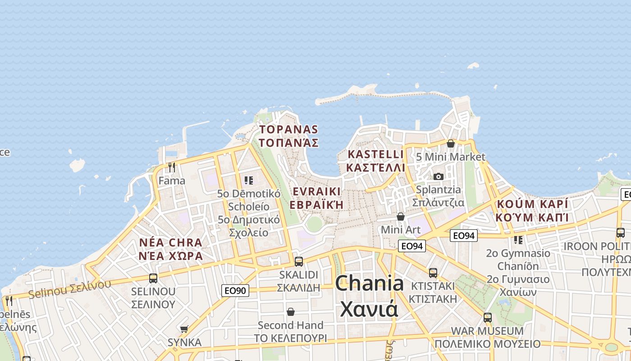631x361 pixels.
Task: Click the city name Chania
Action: [x=369, y=283]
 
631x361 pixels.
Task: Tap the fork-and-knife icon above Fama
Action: [x=172, y=167]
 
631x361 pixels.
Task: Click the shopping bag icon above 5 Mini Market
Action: [x=450, y=143]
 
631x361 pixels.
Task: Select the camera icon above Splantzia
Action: [x=438, y=176]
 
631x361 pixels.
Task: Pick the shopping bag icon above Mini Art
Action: [x=400, y=217]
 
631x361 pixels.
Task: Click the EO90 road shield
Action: [x=235, y=290]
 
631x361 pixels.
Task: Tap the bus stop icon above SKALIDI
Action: [x=298, y=261]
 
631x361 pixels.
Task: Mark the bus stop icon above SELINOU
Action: [x=153, y=278]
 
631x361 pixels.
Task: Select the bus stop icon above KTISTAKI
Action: [x=433, y=273]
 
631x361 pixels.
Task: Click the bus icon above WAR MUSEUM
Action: [x=487, y=317]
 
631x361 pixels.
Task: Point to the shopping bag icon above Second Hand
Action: [x=291, y=312]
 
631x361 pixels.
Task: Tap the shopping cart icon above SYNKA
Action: [x=184, y=329]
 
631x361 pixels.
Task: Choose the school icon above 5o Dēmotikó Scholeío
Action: [x=248, y=180]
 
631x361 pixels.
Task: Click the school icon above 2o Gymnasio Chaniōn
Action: [x=518, y=240]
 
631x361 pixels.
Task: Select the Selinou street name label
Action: [x=69, y=289]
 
